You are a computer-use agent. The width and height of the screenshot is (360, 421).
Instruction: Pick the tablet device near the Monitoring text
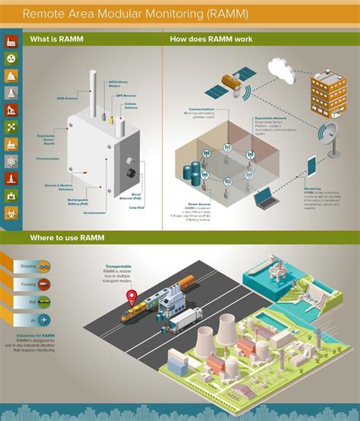[x=311, y=166]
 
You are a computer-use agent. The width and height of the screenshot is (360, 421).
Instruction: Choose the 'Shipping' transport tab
[x=34, y=266]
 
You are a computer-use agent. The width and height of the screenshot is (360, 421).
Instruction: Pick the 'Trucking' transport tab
[x=34, y=283]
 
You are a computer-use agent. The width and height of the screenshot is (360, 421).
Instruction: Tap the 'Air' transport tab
[x=34, y=319]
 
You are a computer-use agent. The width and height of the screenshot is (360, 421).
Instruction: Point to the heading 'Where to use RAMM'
[x=62, y=238]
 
